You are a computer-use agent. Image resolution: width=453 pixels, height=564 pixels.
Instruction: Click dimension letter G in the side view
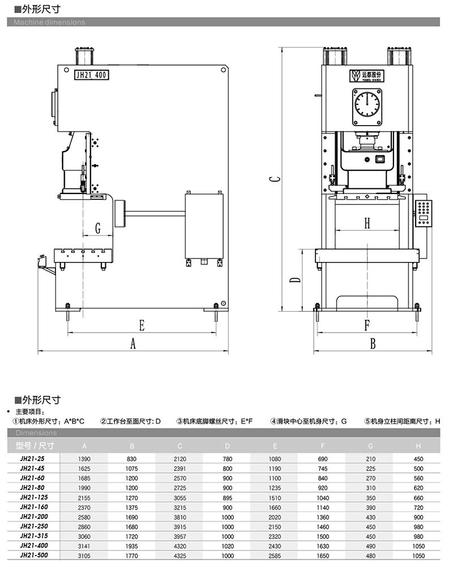coord(97,229)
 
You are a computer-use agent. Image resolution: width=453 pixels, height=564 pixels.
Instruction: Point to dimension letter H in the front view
coord(366,223)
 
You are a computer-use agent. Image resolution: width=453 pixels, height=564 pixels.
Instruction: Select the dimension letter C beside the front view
coord(273,179)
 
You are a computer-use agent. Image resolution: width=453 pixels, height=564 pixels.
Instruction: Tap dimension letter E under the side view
coord(142,325)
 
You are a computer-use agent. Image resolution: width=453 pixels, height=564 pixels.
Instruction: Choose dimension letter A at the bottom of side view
coord(133,343)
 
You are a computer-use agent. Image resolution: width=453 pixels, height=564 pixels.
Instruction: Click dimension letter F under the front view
coord(366,325)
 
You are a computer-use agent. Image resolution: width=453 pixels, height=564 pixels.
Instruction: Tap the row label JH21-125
coord(33,497)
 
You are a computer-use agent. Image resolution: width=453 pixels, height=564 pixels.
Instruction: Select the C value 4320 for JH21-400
coord(180,545)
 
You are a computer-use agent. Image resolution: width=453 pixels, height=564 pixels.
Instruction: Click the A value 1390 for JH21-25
coord(84,459)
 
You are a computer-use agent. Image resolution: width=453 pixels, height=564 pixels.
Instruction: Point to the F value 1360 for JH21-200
coord(322,516)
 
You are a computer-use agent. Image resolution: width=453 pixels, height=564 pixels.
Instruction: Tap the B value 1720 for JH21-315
coord(132,536)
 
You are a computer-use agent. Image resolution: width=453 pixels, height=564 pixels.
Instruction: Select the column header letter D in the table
coord(227,445)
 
